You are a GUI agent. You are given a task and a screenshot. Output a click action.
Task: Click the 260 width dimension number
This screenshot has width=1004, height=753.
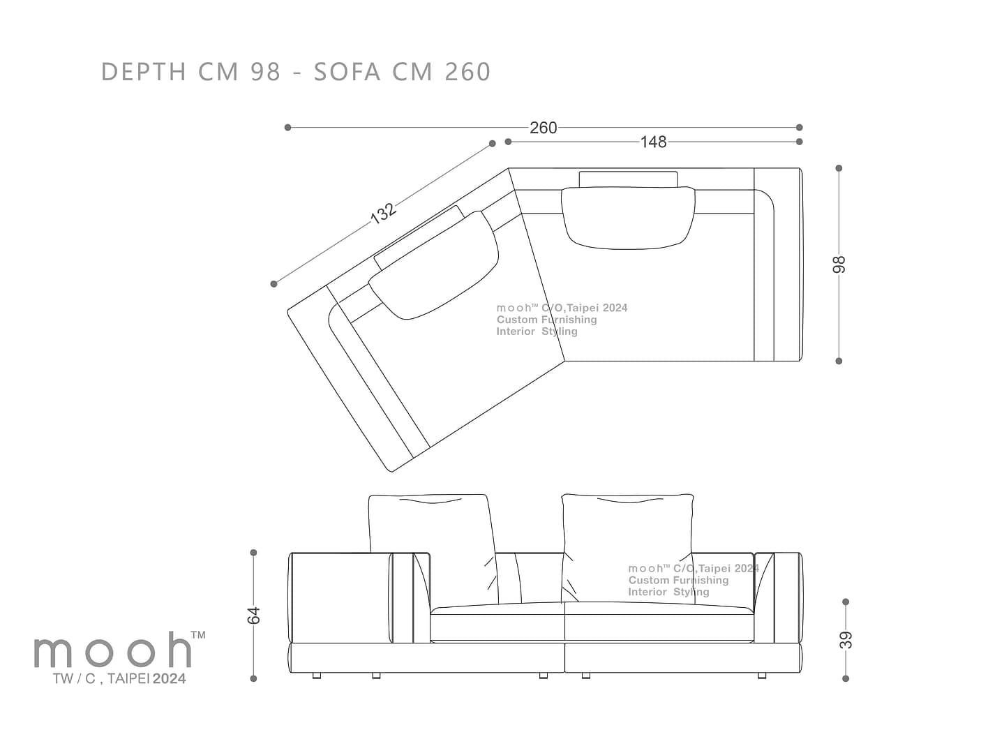pyautogui.click(x=543, y=128)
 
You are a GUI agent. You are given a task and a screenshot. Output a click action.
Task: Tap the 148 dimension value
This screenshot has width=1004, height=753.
pyautogui.click(x=653, y=142)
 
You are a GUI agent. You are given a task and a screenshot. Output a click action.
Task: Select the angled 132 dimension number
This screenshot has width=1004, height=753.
pyautogui.click(x=382, y=213)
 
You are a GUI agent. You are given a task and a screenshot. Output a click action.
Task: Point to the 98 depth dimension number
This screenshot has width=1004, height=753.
pyautogui.click(x=839, y=265)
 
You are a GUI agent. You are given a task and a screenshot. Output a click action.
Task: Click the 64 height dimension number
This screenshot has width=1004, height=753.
pyautogui.click(x=253, y=616)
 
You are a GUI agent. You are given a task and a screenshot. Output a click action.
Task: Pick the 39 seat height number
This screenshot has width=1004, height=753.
pyautogui.click(x=846, y=640)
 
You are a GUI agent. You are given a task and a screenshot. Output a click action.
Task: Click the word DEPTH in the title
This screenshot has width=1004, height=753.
pyautogui.click(x=144, y=72)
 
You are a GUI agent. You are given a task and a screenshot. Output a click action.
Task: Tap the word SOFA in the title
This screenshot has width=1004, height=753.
pyautogui.click(x=347, y=72)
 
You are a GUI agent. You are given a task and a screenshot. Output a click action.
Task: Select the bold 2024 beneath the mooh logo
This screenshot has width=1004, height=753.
pyautogui.click(x=170, y=678)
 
